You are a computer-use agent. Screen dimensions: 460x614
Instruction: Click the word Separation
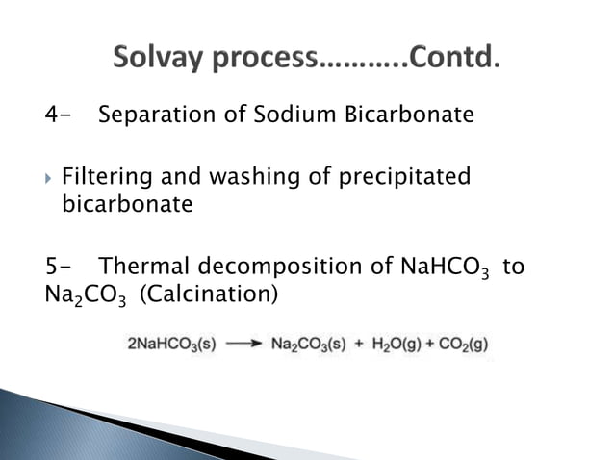tap(150, 116)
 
